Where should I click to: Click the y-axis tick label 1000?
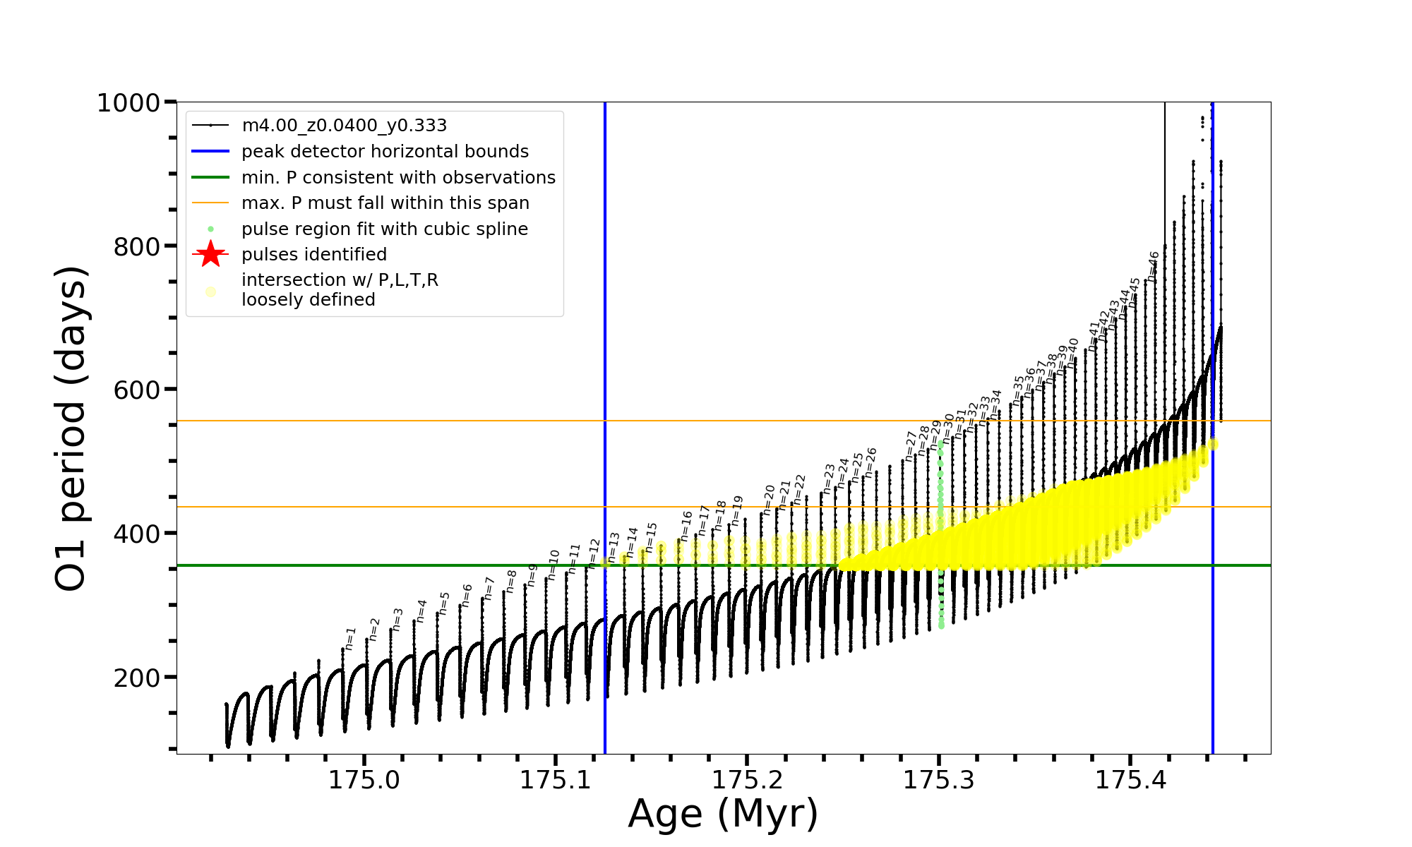[128, 103]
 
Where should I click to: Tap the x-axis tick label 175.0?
[364, 779]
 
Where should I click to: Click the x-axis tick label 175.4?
[1131, 779]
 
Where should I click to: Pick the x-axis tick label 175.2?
[748, 779]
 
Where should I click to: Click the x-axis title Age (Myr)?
[723, 814]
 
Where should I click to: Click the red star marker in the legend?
[210, 254]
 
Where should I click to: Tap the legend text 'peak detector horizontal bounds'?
[385, 152]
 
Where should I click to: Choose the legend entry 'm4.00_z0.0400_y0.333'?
[344, 126]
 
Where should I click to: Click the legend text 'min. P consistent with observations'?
[398, 178]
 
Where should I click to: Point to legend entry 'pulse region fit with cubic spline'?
[385, 229]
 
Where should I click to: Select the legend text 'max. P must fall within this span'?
[385, 203]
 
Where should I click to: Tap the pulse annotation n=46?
[1154, 266]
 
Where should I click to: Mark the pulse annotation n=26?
[871, 462]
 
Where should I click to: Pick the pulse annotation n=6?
[467, 595]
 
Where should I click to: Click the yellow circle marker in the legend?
[210, 292]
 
